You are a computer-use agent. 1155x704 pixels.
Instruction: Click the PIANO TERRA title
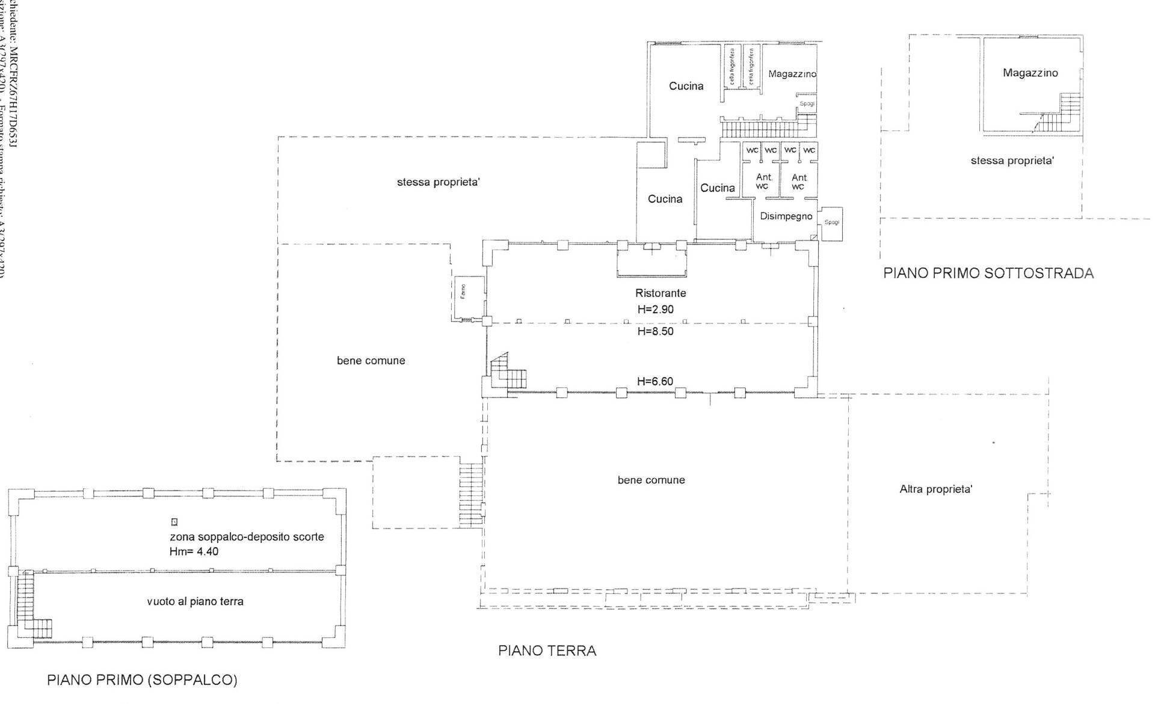pos(547,650)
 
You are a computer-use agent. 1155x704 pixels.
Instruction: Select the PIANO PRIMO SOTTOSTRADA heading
pos(988,273)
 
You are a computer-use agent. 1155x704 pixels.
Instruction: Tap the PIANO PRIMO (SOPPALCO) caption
pos(143,680)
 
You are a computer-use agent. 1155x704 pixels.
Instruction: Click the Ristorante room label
pos(661,293)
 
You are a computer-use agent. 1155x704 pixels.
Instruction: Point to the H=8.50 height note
pos(654,331)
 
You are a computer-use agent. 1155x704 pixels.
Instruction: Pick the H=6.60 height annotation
pos(654,381)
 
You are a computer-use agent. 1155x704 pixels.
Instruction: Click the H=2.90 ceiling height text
pos(654,309)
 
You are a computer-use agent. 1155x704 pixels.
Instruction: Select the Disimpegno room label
pos(786,216)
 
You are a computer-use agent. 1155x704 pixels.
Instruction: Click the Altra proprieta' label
pos(935,489)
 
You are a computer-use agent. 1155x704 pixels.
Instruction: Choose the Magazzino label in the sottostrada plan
pos(1030,73)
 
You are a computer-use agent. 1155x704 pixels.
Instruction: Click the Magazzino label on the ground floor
pos(792,74)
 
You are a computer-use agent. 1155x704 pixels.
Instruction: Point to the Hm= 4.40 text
pos(194,551)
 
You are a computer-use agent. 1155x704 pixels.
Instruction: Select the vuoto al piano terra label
pos(195,601)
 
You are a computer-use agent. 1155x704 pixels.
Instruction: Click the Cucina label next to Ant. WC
pos(717,188)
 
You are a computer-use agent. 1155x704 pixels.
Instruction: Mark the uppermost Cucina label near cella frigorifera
pos(686,86)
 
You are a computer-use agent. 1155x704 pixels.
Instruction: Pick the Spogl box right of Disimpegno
pos(832,224)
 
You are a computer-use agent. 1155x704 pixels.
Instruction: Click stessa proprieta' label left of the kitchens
pos(438,182)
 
